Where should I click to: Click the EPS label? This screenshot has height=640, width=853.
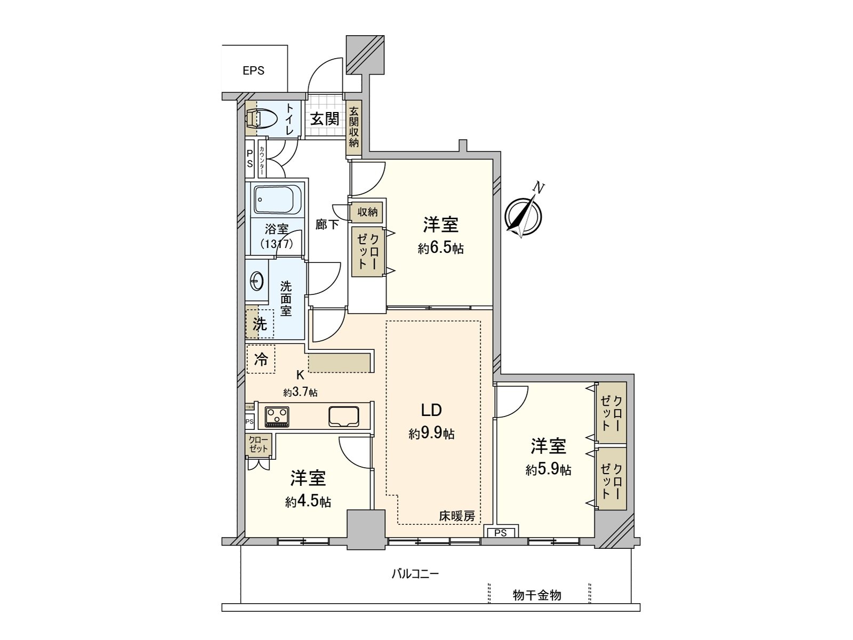pos(253,70)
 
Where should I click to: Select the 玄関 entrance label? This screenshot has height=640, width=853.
pos(325,118)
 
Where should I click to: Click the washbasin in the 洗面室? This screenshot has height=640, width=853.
pos(257,279)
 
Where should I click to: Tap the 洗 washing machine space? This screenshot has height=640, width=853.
pos(260,324)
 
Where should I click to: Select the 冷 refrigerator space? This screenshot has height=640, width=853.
pos(261,359)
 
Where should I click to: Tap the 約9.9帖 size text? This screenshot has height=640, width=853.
pos(431,434)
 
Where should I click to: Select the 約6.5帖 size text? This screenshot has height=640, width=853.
pos(440,248)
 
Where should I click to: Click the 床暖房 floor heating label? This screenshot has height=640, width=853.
pos(457,516)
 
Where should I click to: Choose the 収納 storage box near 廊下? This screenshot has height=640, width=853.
pos(367,212)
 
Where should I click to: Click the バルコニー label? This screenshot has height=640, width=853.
pos(415,574)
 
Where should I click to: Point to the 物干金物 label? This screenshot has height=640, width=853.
pos(537,595)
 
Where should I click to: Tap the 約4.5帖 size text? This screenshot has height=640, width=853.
pos(308,502)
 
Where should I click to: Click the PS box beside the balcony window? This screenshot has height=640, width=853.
pos(500,532)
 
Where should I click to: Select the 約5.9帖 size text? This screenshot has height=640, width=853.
pos(548,470)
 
